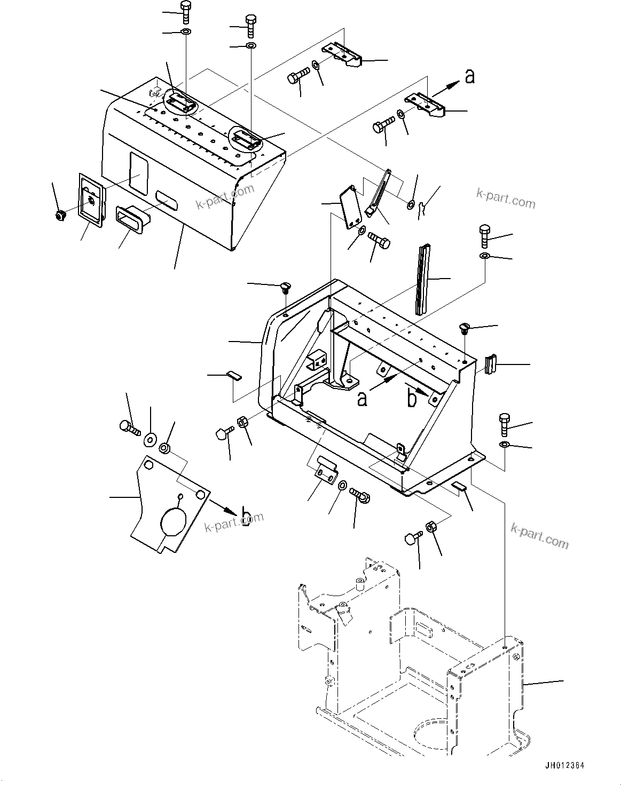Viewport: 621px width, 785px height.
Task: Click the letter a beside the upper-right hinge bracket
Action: tap(469, 77)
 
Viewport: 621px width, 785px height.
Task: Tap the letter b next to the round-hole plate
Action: tap(246, 516)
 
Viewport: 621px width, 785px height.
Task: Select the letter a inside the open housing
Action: tap(363, 398)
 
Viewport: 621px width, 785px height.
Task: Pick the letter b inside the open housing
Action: tap(412, 398)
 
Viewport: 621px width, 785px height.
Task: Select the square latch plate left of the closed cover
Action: tap(91, 201)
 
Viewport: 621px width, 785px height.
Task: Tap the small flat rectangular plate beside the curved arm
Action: tap(349, 207)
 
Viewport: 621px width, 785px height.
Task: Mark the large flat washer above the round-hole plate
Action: tap(150, 440)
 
